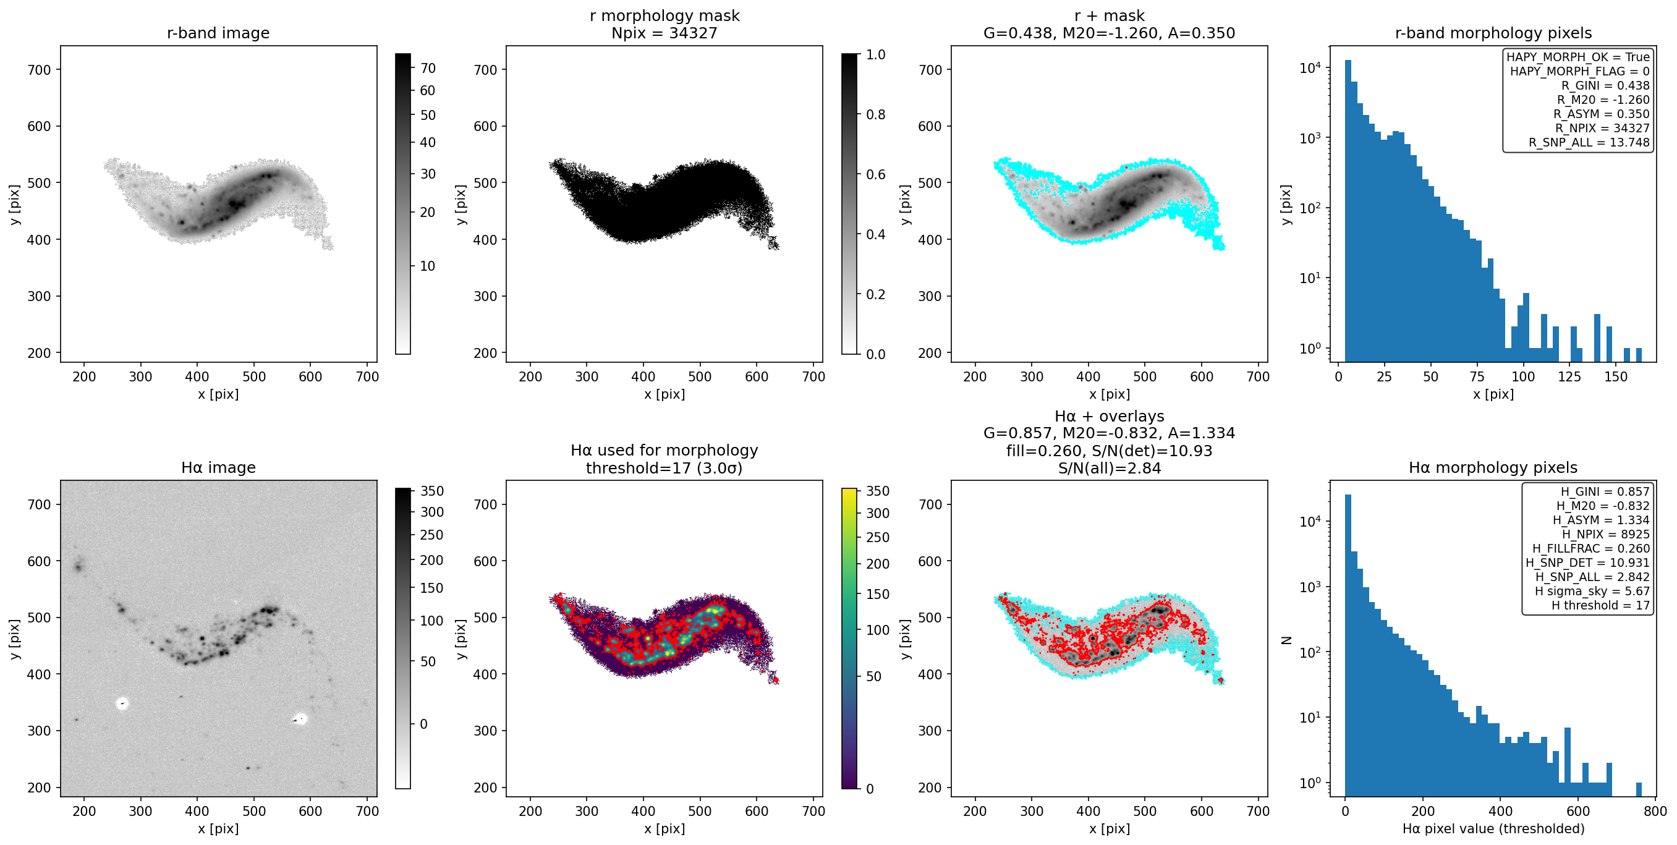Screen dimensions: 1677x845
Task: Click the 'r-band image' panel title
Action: coord(218,33)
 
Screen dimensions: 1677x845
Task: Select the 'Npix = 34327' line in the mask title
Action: coord(664,33)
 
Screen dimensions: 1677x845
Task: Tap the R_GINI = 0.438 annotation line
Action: coord(1605,85)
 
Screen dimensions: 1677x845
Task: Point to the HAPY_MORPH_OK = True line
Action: coord(1578,57)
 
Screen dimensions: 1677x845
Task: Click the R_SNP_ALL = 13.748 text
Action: coord(1589,143)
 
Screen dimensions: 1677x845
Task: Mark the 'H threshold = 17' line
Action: coord(1601,605)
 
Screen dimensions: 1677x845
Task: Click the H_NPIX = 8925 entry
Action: coord(1606,534)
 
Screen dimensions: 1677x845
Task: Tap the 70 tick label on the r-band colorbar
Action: coord(428,69)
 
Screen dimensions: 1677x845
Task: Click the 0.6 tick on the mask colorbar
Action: coord(876,174)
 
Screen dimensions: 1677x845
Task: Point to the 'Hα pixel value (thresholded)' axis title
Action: coord(1493,829)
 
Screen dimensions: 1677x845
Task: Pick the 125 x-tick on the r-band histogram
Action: coord(1569,376)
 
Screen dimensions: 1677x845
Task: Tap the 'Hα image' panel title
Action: coord(218,467)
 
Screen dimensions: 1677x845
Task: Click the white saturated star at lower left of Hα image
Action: coord(122,703)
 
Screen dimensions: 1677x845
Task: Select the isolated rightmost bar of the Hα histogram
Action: coord(1639,789)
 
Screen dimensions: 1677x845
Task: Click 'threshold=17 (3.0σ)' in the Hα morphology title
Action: coord(664,468)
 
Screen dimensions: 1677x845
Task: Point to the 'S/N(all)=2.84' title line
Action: coord(1110,468)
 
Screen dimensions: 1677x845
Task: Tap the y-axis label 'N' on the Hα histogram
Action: coord(1286,640)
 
